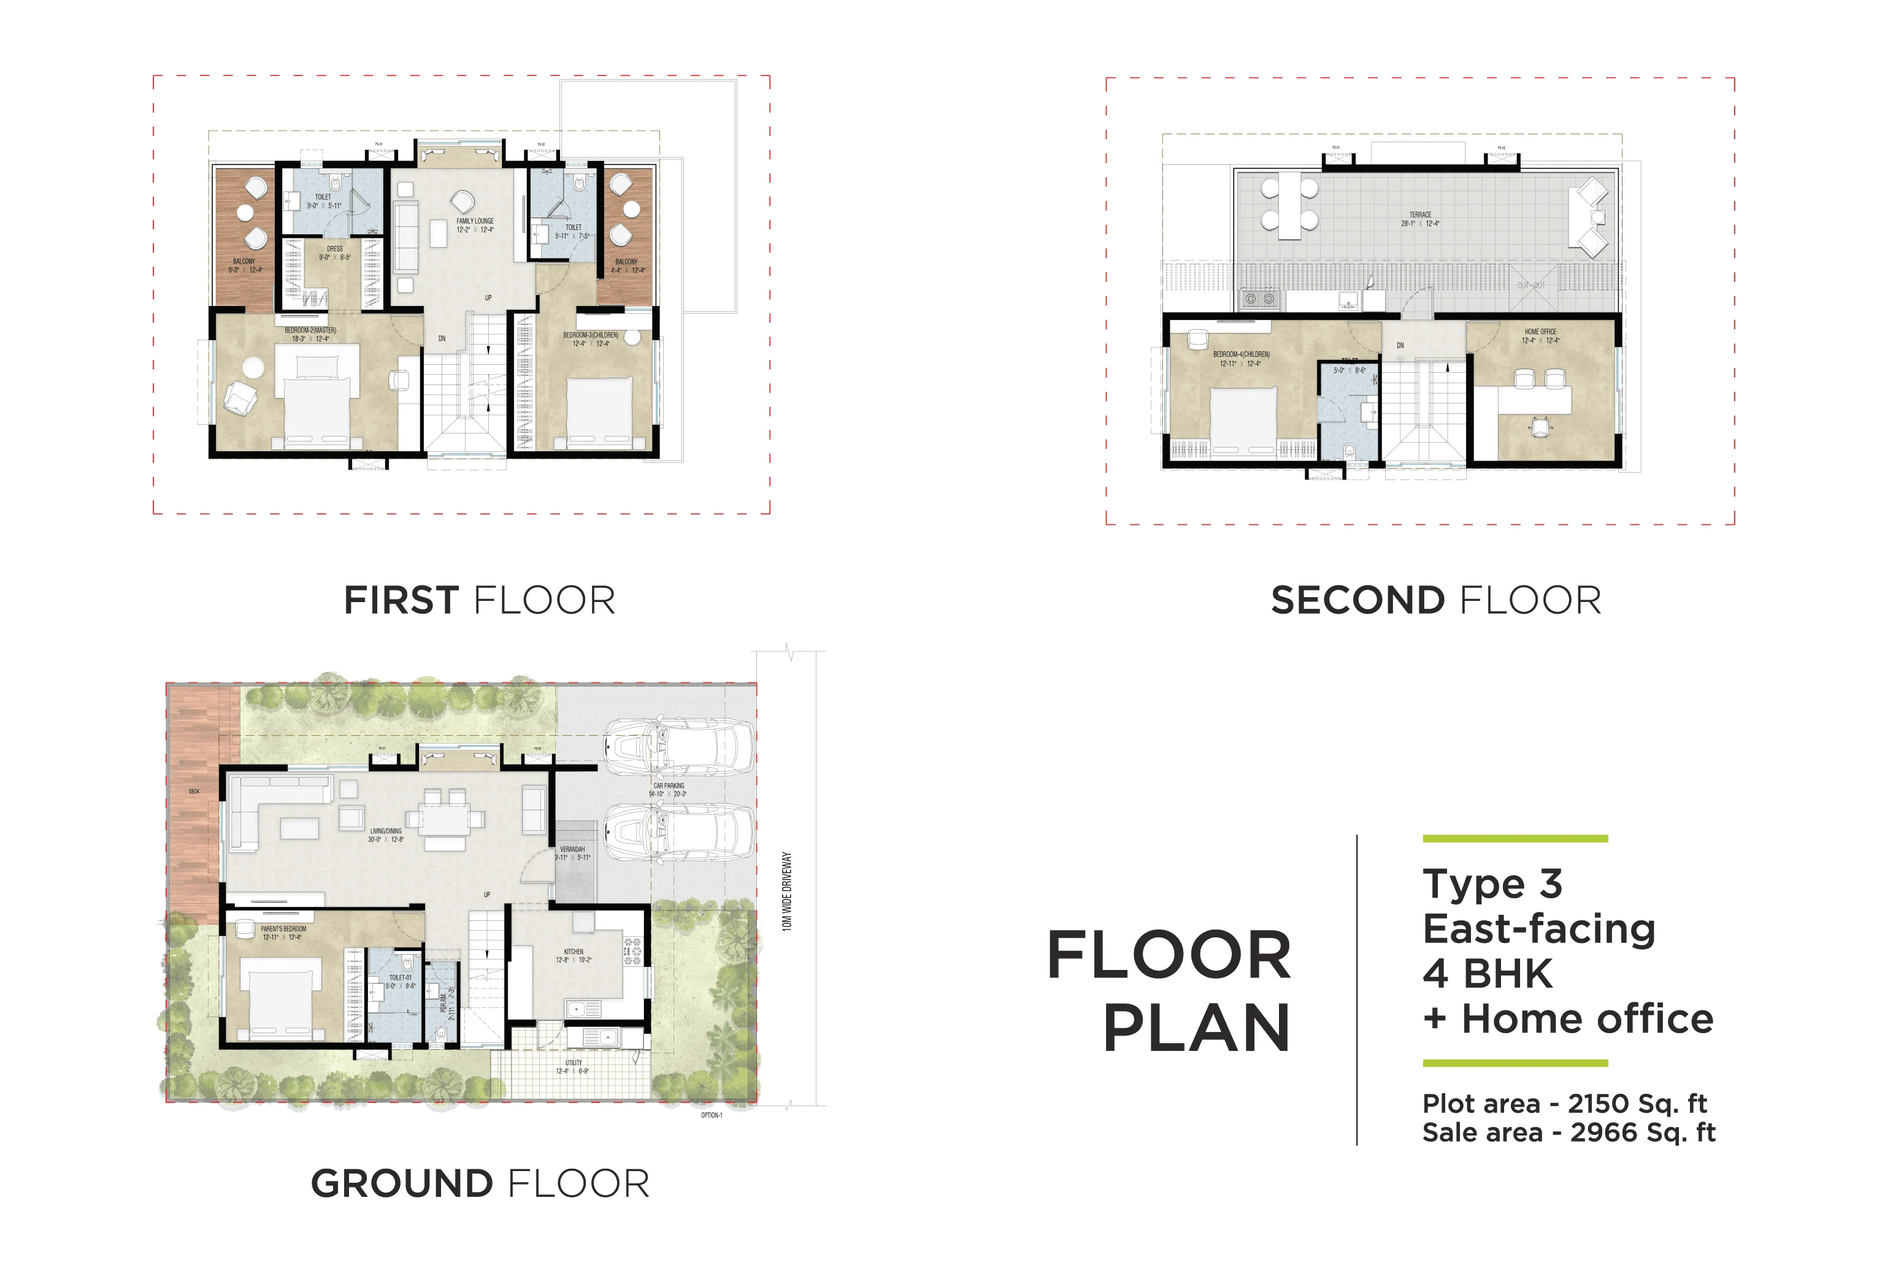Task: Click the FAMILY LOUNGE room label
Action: [475, 221]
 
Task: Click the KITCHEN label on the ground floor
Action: [574, 952]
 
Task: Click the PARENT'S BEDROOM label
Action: [283, 929]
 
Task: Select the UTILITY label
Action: [574, 1063]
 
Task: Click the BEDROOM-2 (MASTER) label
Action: [310, 330]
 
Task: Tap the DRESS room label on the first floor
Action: [335, 249]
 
